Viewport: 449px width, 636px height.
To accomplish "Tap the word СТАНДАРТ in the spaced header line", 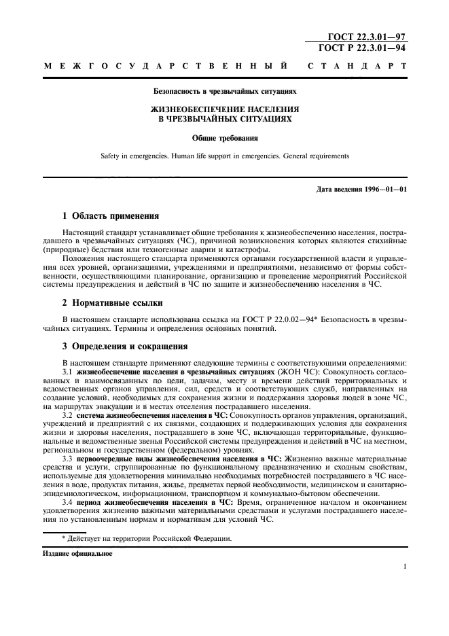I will (357, 67).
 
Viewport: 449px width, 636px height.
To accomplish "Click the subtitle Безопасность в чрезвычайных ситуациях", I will (224, 89).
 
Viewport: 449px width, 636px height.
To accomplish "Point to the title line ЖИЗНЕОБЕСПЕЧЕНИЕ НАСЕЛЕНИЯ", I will (224, 109).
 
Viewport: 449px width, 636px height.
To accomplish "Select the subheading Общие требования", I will (224, 137).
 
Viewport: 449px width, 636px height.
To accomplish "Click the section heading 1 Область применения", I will (111, 216).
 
